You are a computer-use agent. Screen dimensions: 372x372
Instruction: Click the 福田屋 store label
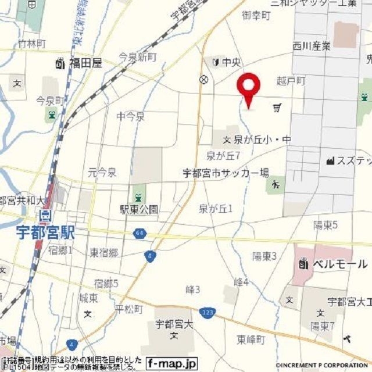coord(85,63)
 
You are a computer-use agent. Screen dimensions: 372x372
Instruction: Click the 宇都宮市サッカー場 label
coord(226,172)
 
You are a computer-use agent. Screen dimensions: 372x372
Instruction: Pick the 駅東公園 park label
coord(139,209)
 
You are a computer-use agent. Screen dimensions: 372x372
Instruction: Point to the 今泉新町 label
coord(138,56)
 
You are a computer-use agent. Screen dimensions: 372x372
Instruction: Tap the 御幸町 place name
coord(256,16)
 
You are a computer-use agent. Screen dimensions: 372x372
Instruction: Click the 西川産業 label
coord(311,45)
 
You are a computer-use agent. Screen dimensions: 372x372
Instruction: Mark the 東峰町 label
coord(251,339)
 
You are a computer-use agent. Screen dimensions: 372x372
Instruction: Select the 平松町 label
coord(128,308)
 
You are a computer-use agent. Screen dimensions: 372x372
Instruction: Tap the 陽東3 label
coord(264,256)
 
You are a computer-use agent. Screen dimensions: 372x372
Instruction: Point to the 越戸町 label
coord(291,81)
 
